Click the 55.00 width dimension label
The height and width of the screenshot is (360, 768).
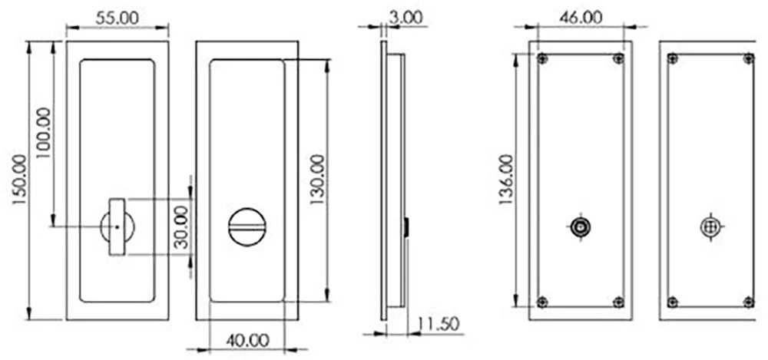[117, 18]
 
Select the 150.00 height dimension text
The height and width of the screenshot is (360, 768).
[19, 180]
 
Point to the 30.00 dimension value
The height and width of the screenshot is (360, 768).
[180, 227]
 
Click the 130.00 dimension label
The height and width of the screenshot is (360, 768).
[316, 180]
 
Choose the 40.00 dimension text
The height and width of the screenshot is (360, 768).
[247, 340]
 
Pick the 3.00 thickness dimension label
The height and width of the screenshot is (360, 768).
[406, 18]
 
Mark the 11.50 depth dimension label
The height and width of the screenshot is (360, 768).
[439, 324]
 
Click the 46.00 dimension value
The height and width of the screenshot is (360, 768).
[580, 18]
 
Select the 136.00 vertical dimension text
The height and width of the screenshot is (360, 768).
[507, 180]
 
